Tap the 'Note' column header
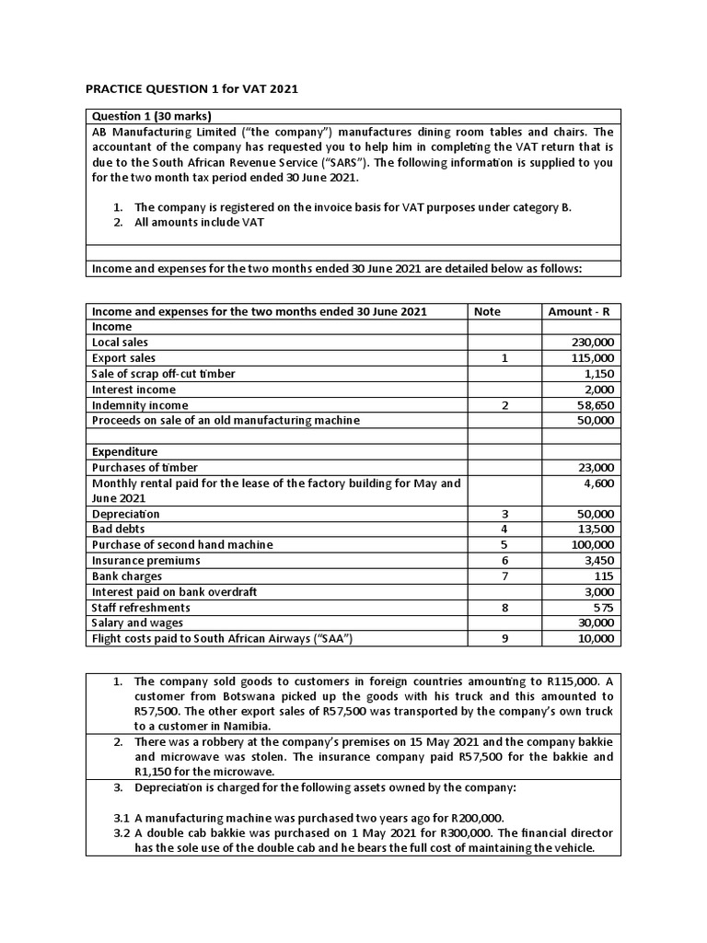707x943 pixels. coord(487,311)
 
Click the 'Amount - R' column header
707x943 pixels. coord(581,311)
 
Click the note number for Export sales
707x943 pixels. coord(504,358)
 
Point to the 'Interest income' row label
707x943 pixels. coord(133,390)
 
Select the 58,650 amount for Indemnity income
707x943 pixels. coord(597,405)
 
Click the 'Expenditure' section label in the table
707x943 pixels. coord(124,452)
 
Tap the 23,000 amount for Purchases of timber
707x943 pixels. coord(597,468)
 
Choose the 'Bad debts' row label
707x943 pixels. coord(118,530)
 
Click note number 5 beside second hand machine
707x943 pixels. coord(504,545)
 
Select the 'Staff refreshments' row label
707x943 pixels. coord(141,608)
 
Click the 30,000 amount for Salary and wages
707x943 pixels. coord(597,623)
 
